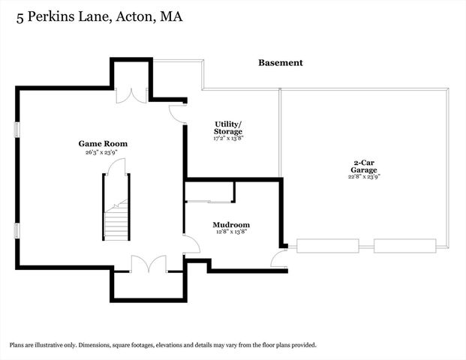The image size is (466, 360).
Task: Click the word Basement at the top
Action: (x=281, y=63)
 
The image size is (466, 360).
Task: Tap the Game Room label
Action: (x=103, y=143)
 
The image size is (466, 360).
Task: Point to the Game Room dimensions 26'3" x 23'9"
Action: (x=103, y=152)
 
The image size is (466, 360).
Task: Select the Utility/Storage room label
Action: (x=227, y=127)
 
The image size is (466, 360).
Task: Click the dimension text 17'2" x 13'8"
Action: (x=227, y=139)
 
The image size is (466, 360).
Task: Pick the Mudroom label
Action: (x=231, y=224)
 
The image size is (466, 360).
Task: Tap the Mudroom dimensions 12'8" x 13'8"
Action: (x=231, y=232)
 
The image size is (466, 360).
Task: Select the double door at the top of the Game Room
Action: (x=132, y=95)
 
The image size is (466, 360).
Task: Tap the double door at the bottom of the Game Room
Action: (x=147, y=263)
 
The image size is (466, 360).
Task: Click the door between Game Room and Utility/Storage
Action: (x=178, y=113)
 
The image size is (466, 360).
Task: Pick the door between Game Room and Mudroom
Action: (x=191, y=244)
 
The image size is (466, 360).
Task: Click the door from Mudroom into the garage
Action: (x=278, y=259)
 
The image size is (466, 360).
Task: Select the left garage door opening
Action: (x=327, y=245)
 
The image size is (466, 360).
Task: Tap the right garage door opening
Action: (x=404, y=245)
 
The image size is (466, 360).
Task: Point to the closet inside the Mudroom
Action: (x=209, y=192)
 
